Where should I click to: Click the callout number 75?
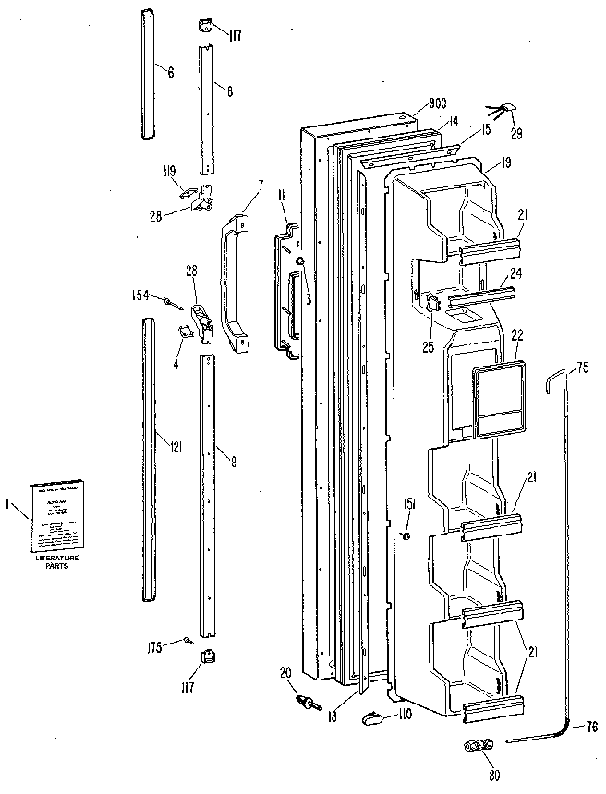pos(582,367)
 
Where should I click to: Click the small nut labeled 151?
pos(406,535)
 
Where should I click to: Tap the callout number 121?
pos(175,447)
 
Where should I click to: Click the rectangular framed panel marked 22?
pos(500,398)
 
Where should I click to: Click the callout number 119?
pos(170,169)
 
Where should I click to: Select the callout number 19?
pos(506,164)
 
